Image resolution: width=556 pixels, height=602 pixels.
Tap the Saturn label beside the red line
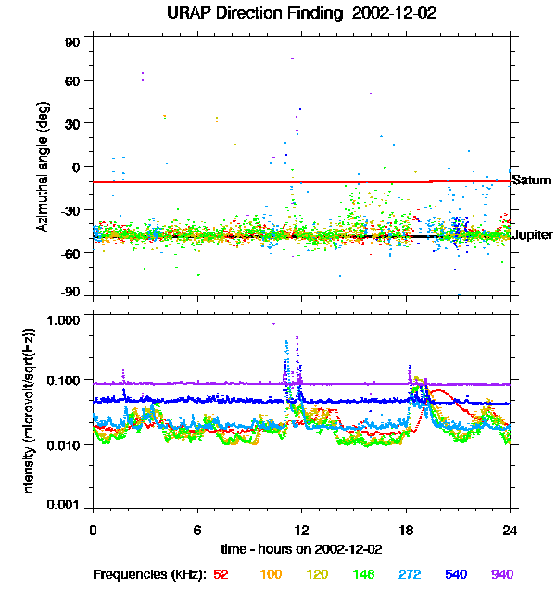click(532, 181)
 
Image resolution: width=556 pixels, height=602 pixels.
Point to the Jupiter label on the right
click(533, 235)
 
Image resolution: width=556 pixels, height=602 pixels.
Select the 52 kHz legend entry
click(221, 574)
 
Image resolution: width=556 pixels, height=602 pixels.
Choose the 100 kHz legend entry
click(271, 574)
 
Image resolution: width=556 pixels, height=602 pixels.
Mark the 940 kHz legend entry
click(501, 574)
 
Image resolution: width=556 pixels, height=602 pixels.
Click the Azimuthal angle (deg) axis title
click(43, 166)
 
